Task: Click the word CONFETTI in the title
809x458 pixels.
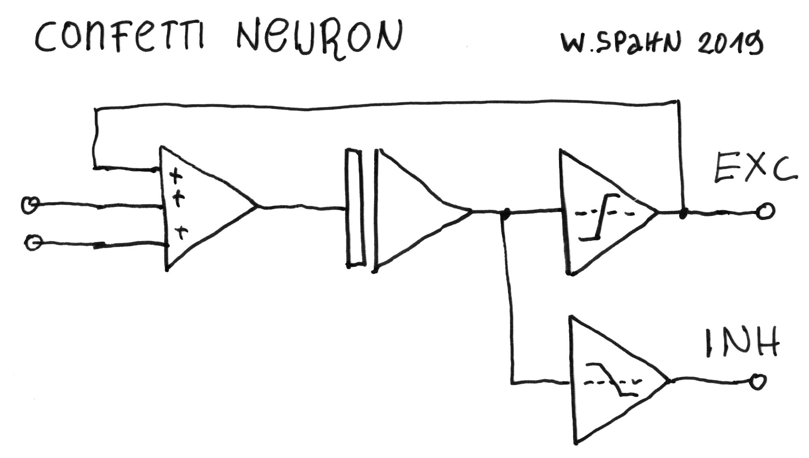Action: pos(120,38)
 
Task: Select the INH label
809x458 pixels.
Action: pos(742,342)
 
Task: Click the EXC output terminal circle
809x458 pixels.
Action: pos(765,211)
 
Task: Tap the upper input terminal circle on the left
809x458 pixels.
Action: pos(30,205)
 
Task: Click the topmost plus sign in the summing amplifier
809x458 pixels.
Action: pos(175,176)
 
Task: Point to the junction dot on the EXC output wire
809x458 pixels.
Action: pos(683,213)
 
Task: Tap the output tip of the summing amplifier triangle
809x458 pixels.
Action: pos(256,207)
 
